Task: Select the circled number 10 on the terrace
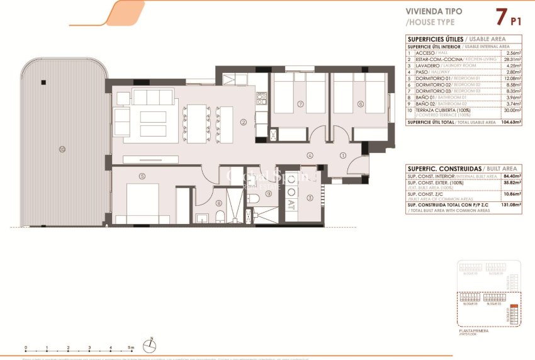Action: [62, 149]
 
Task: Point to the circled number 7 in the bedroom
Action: [300, 104]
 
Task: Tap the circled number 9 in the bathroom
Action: [268, 194]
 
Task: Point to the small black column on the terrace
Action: [42, 82]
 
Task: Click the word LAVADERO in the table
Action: [426, 65]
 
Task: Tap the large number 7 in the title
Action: [501, 16]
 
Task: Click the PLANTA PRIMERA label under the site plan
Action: [474, 330]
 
